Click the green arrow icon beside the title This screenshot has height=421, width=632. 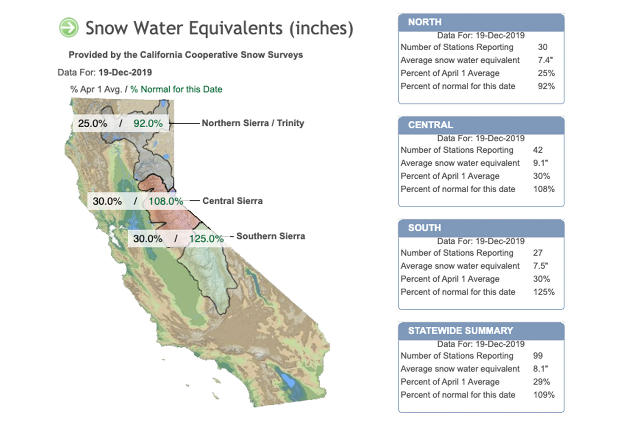coord(68,27)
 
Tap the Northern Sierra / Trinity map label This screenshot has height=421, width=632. coord(253,123)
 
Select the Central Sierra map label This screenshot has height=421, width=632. coord(232,201)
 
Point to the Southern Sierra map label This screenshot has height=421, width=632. coord(270,236)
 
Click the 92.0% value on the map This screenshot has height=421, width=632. coord(148,123)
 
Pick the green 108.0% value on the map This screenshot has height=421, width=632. coord(166,201)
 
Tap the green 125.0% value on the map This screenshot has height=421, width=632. coord(206,239)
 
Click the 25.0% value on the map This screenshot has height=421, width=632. coord(92,123)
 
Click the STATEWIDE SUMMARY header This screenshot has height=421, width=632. coord(460,330)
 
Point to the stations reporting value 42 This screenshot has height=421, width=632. coord(538,150)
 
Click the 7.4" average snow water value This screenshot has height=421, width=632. coord(545,60)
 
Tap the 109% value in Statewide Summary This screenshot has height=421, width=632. coord(544,395)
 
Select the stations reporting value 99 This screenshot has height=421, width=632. coord(538,356)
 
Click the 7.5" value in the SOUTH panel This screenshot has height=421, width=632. coord(540,266)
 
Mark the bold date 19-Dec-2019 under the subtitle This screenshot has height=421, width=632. coord(125,73)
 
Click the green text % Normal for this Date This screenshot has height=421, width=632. coord(176,89)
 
